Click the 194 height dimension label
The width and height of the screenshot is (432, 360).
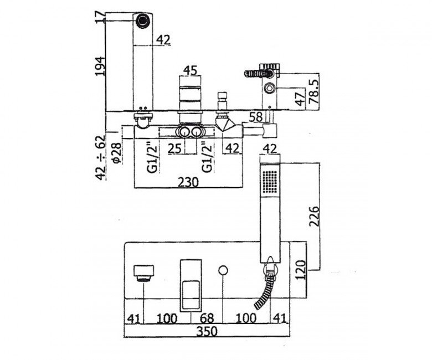100,66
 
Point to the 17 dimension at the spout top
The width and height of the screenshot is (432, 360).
100,17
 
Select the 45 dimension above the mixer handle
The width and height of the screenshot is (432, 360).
191,70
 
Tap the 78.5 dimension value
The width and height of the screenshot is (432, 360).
314,91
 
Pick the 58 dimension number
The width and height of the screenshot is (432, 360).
256,117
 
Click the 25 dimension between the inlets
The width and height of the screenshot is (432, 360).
174,148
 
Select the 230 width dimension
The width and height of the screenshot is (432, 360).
188,182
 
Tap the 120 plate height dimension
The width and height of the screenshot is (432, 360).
300,269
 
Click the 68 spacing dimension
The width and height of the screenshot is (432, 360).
207,318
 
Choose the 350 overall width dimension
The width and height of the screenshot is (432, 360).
207,331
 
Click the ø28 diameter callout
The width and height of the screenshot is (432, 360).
116,153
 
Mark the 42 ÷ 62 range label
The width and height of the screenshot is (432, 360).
100,157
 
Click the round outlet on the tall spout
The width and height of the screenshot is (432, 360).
143,20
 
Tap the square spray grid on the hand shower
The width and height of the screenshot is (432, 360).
270,182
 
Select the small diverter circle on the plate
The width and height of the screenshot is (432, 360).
223,270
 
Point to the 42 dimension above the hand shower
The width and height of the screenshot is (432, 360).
270,149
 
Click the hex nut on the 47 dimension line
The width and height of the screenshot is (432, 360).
269,89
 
